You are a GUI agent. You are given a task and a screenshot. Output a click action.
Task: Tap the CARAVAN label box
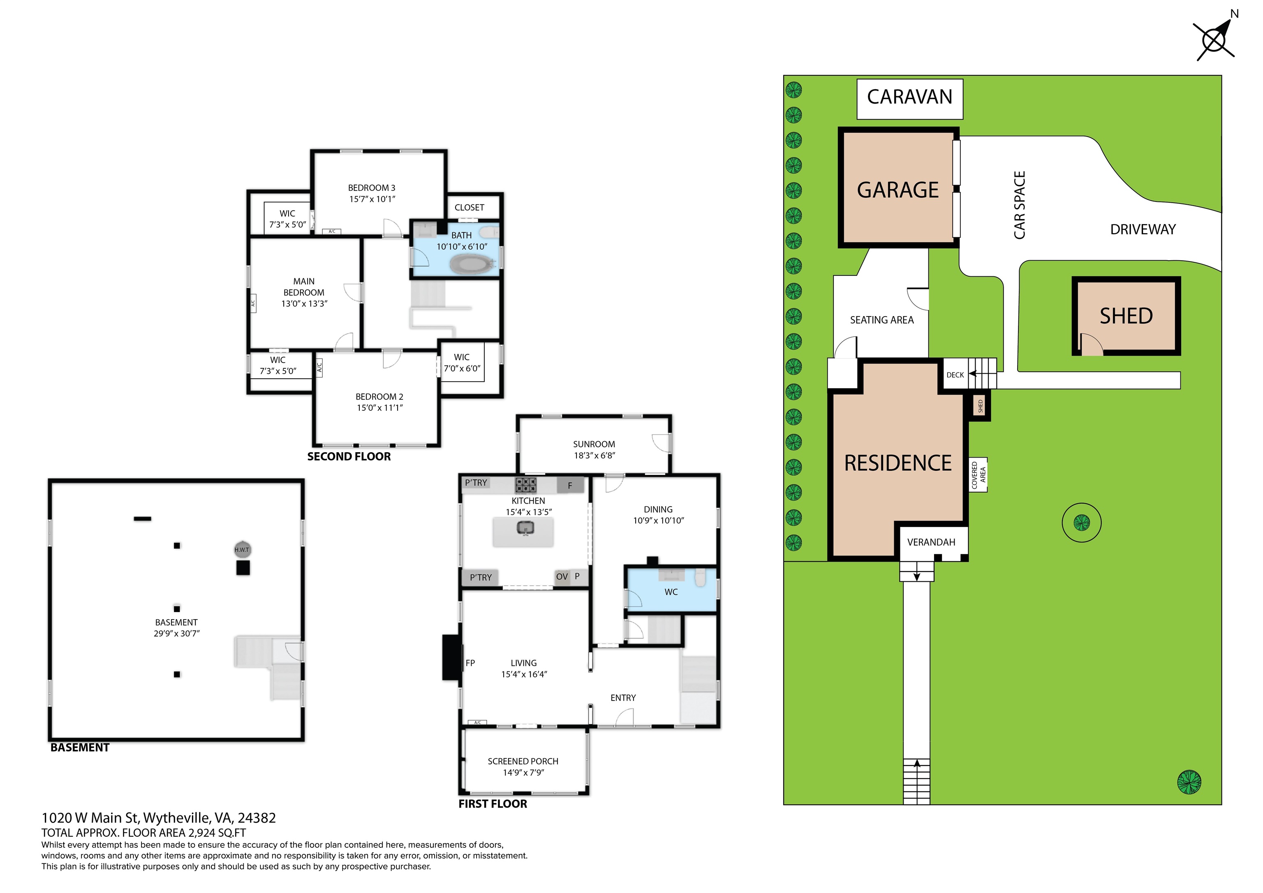click(910, 99)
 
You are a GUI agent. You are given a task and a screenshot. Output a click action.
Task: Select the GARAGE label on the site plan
click(898, 190)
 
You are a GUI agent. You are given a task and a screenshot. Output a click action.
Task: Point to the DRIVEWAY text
click(1143, 229)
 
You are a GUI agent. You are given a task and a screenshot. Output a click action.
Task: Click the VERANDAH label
click(931, 543)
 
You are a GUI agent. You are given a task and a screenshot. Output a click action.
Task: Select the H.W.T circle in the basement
click(242, 549)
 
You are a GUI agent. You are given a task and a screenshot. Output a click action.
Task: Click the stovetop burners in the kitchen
click(526, 485)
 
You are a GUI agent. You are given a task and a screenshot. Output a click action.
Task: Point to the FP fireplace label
click(470, 663)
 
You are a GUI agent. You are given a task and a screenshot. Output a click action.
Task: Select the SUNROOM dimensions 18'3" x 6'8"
click(594, 456)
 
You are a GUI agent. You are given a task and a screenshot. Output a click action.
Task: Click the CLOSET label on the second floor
click(469, 208)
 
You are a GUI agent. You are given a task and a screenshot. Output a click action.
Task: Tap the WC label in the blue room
click(671, 592)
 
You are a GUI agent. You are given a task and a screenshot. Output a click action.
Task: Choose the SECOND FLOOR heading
click(349, 457)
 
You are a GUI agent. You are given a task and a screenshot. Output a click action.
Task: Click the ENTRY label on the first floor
click(623, 698)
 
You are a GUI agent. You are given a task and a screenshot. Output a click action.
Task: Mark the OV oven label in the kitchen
click(562, 576)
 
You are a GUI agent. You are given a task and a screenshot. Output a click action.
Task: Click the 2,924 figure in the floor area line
click(199, 833)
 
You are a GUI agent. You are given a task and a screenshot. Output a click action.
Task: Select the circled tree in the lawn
click(1081, 522)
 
